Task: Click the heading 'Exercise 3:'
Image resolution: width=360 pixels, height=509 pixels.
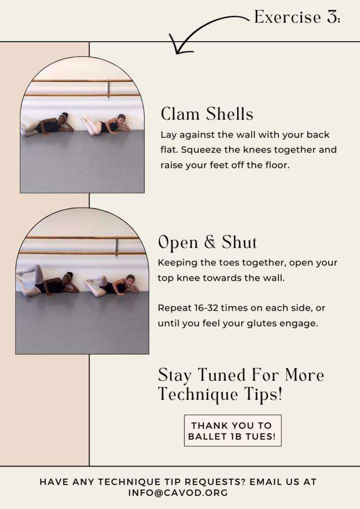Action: pos(297,17)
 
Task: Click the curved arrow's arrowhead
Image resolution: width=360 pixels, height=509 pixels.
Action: pos(177,47)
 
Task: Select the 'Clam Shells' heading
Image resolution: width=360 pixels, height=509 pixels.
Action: pos(207,114)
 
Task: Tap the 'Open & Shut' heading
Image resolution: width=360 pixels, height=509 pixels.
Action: pos(207,243)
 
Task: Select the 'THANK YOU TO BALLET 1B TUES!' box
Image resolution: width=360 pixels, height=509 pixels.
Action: pos(232,431)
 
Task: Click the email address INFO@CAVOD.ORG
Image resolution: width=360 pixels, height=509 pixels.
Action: pos(178,493)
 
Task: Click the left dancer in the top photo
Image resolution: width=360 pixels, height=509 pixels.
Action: pos(50,125)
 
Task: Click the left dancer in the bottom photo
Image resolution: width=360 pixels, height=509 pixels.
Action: pos(50,283)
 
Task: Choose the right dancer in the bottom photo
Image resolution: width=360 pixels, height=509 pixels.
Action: pos(112,285)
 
